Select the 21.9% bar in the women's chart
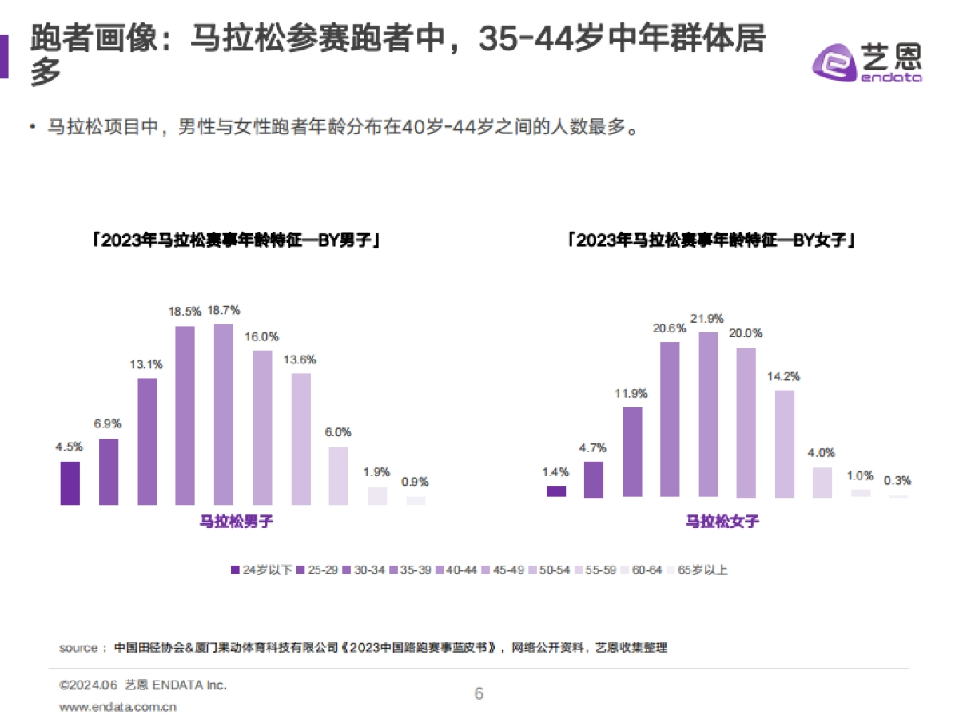coord(709,415)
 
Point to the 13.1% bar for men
coord(147,441)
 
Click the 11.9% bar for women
coord(632,452)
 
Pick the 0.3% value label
coord(897,481)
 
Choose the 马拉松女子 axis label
coord(722,522)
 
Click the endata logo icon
coord(833,63)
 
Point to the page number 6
coord(479,693)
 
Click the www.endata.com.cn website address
coord(118,706)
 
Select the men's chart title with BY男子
coord(235,240)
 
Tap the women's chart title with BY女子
coord(711,240)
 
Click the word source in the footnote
coord(78,647)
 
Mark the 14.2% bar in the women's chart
coord(786,443)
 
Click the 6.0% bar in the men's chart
coord(339,476)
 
